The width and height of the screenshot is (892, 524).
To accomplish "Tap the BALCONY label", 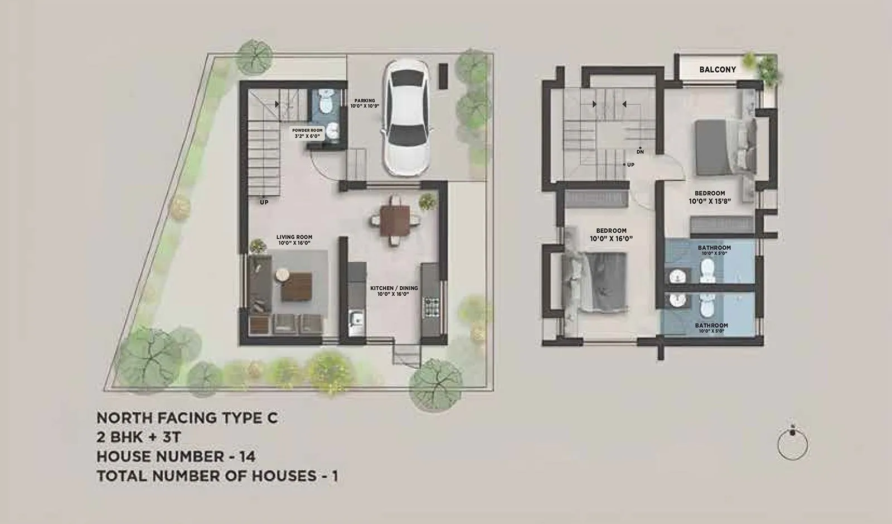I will click(718, 70).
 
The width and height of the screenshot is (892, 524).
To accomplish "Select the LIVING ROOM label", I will click(294, 237).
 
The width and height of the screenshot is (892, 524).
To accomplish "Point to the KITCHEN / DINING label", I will click(394, 289).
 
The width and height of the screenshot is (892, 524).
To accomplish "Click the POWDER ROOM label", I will click(307, 131).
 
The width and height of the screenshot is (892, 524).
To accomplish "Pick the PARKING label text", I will click(365, 101).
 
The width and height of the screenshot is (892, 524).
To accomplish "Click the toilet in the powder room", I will click(325, 102).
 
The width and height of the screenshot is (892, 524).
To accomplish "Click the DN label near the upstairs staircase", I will click(640, 152).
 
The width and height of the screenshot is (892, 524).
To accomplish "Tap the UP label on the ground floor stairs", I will click(264, 202).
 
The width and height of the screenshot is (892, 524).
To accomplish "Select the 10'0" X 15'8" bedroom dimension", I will click(710, 201).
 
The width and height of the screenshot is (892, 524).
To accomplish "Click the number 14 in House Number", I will click(246, 456).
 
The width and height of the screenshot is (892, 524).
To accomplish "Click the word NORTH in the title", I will click(120, 417).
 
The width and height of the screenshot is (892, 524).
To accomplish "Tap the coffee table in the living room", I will click(295, 286).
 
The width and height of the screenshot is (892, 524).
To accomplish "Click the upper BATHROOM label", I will click(714, 248).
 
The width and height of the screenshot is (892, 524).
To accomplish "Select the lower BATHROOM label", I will click(711, 325).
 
